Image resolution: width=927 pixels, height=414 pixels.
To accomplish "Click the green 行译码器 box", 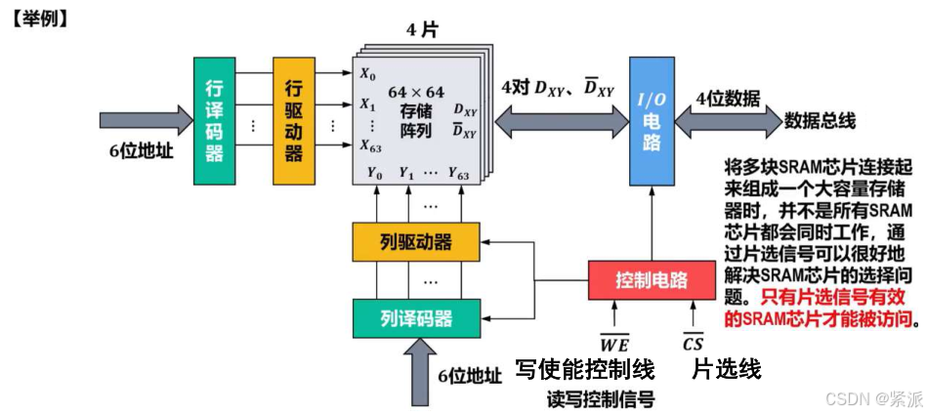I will click(x=214, y=121).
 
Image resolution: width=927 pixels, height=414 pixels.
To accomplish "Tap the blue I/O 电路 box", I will click(x=652, y=121).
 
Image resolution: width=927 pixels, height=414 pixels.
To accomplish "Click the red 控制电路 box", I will click(x=652, y=280).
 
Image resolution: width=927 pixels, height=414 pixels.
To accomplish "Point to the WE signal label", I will click(x=613, y=343).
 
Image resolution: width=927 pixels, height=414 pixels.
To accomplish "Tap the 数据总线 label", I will click(x=821, y=121).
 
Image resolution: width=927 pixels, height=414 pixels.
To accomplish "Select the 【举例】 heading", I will click(x=39, y=17).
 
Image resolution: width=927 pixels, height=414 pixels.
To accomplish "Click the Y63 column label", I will click(x=458, y=174).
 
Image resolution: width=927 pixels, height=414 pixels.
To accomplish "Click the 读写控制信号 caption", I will click(x=600, y=398).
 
